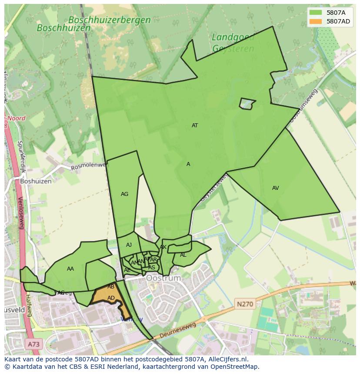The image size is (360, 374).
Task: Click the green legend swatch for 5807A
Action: click(x=316, y=13)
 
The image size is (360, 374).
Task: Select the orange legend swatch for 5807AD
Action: click(x=316, y=21)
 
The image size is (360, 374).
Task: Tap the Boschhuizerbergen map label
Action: click(x=109, y=20)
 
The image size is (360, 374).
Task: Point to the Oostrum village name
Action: click(x=163, y=278)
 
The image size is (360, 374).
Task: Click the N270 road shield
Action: click(x=244, y=304)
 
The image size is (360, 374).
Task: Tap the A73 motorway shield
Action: click(x=34, y=344)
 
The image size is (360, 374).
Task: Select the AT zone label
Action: click(x=195, y=126)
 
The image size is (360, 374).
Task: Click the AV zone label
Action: click(x=275, y=188)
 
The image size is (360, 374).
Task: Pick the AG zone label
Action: click(x=124, y=194)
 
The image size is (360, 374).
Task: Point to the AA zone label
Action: click(x=70, y=269)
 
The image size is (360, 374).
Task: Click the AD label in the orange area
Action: click(x=111, y=298)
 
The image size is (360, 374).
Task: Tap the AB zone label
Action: click(x=111, y=287)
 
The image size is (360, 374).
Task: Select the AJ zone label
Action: click(x=129, y=245)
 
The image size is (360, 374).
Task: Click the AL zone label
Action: click(x=183, y=255)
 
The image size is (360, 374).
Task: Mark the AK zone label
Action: click(x=163, y=247)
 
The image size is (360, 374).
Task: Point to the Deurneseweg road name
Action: click(x=178, y=330)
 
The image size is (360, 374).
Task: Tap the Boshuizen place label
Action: click(x=36, y=181)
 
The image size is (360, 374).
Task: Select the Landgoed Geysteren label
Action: click(x=233, y=43)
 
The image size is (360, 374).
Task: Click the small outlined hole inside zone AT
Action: click(x=247, y=104)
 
